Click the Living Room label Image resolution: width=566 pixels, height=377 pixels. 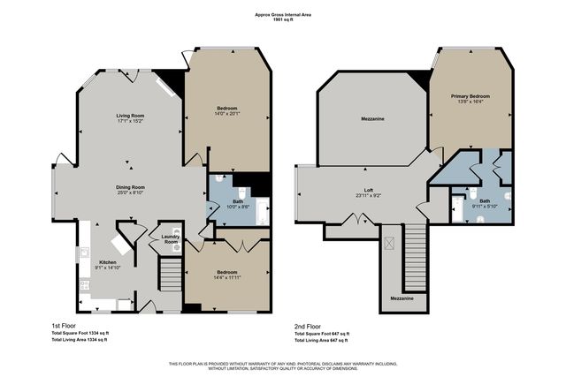[131, 116]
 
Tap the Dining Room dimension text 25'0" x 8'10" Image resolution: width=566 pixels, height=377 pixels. [131, 192]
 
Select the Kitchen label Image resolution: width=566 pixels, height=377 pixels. [107, 261]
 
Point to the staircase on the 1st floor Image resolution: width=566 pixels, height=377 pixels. [170, 275]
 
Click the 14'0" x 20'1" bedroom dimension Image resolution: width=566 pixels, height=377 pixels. [226, 115]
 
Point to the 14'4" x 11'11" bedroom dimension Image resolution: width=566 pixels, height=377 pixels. [226, 280]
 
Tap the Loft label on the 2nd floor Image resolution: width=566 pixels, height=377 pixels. [371, 189]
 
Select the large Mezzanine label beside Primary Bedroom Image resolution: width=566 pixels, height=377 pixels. [371, 118]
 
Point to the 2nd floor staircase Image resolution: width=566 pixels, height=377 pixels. [415, 256]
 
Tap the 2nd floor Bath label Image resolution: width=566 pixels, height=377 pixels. [484, 201]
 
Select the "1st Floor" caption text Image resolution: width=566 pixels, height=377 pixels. [65, 325]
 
